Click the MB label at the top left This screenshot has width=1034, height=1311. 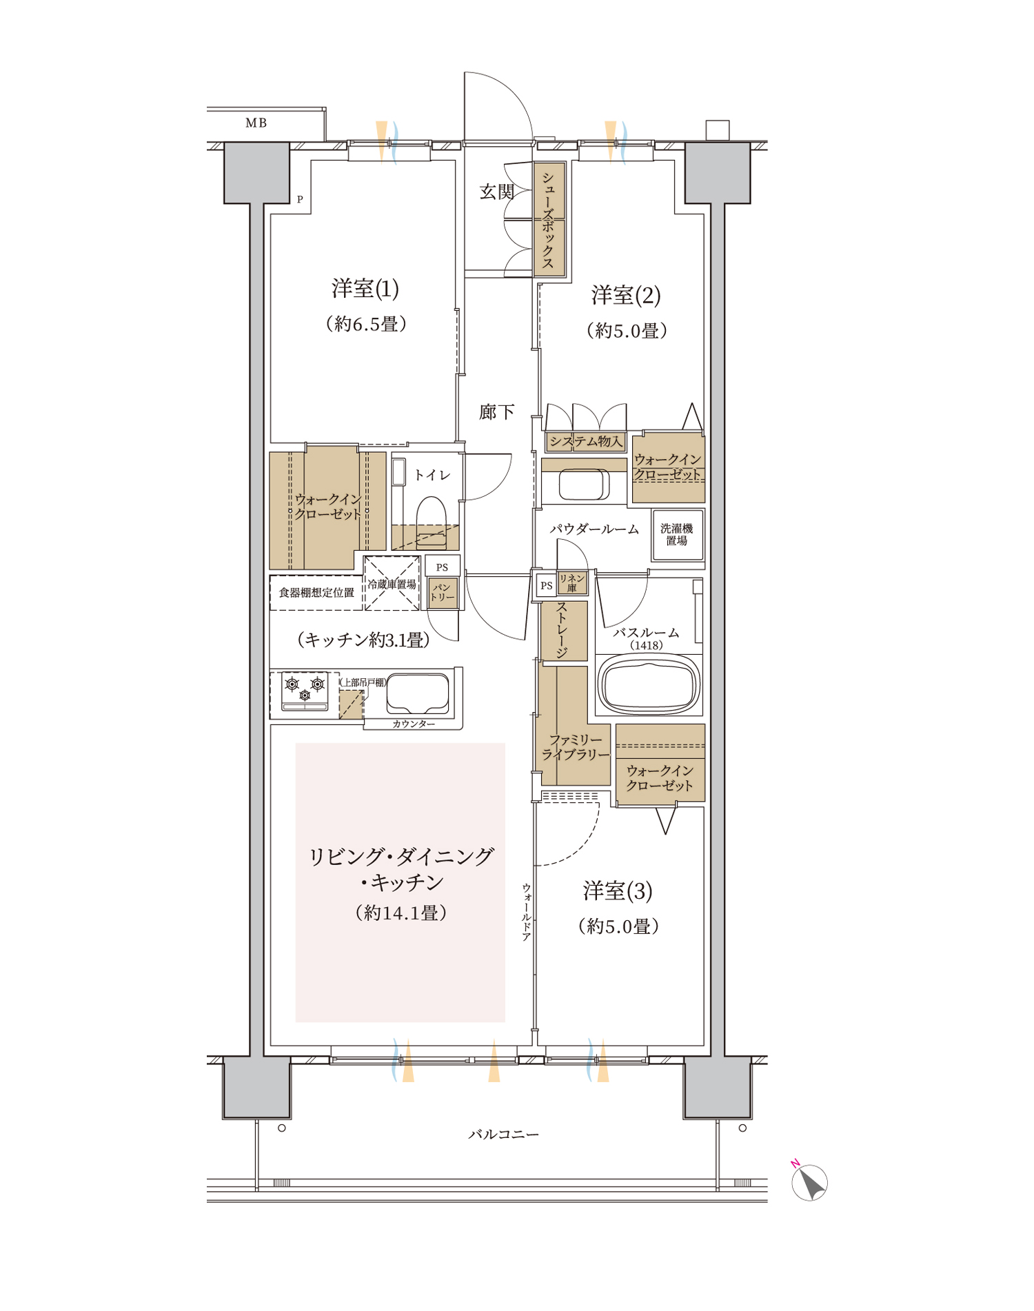point(256,123)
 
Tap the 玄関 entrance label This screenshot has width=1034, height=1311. point(497,192)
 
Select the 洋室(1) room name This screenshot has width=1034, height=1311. point(365,289)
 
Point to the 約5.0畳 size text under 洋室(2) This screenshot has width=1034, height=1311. point(627,331)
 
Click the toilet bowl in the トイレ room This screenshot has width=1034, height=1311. point(432,514)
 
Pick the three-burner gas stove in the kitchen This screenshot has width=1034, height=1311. point(305,691)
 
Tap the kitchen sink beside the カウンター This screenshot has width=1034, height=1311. point(418,693)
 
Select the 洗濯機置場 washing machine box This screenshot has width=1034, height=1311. point(678,535)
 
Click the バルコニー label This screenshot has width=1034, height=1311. point(504,1135)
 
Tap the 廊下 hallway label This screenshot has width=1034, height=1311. point(497,412)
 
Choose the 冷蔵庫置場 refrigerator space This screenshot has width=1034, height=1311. point(392,583)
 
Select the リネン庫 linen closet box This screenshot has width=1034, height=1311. point(572,583)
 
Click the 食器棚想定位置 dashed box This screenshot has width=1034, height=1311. point(316,593)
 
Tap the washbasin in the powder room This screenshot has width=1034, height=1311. point(585,485)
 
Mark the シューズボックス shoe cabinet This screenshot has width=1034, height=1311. point(549,220)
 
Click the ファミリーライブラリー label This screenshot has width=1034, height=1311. point(576,747)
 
